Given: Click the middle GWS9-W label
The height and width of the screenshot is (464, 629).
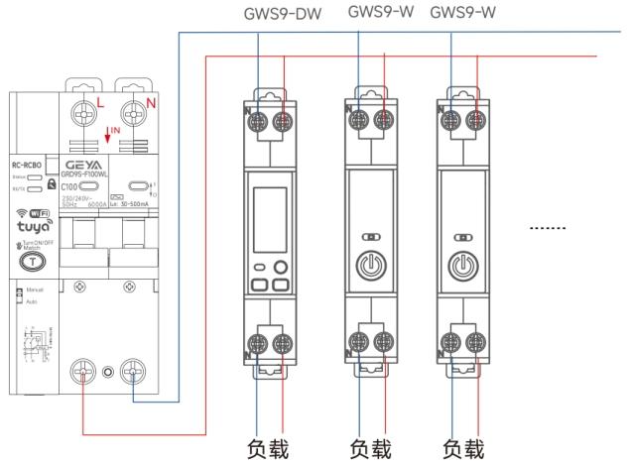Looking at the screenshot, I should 378,13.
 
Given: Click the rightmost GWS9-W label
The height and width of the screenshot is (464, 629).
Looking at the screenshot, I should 462,13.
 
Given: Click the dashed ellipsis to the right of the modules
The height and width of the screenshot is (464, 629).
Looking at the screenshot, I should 548,228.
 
